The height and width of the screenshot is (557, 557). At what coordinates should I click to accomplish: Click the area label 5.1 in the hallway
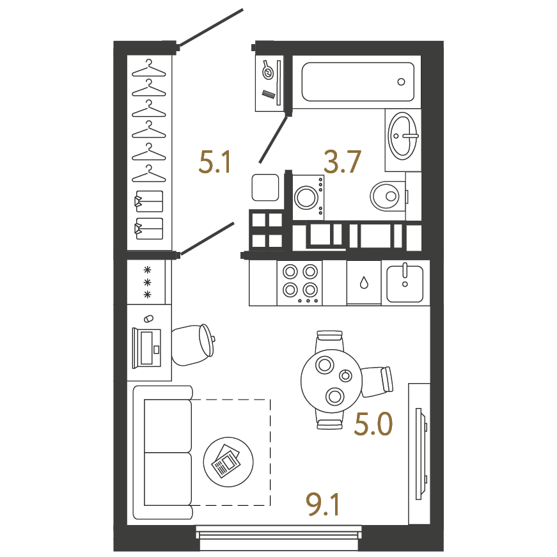point(216,162)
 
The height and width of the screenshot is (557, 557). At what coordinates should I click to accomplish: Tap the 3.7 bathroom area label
point(342,162)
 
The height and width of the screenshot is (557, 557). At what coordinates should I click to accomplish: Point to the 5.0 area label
point(373,424)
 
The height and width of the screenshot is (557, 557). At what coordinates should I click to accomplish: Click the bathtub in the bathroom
point(357,82)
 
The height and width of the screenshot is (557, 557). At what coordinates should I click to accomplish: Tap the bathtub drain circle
point(401,82)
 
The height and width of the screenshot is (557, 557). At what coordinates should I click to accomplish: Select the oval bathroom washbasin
point(402,136)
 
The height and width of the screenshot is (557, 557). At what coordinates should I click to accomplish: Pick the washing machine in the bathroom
point(308,197)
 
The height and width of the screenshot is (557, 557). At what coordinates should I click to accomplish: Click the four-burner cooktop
point(300,283)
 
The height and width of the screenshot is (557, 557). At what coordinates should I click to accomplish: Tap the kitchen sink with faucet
point(405,283)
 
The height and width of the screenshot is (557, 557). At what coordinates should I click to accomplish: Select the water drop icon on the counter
point(364,283)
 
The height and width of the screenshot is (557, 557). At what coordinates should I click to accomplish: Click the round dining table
point(331,380)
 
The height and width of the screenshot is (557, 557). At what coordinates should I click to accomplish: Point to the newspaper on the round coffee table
point(226,460)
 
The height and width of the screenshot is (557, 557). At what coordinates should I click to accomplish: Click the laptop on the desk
point(146,348)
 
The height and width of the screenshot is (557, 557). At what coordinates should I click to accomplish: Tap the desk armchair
point(193,345)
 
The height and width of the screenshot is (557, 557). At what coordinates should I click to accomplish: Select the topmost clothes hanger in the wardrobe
point(149,68)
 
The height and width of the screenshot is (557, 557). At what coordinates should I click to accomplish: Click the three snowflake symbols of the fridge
point(147,283)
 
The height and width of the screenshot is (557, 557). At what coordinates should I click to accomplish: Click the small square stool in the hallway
point(265,187)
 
